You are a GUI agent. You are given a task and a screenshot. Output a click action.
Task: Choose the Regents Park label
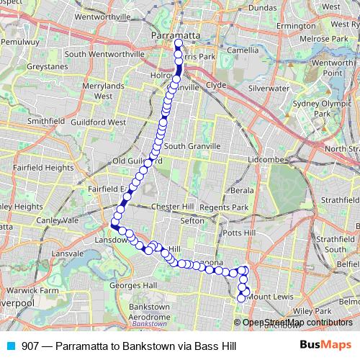coord(224,207)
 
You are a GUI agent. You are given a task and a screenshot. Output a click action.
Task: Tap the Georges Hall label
coord(132,285)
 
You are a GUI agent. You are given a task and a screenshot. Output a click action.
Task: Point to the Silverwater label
coord(268,88)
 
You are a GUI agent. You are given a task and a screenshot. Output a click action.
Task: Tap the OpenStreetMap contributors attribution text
coord(297,322)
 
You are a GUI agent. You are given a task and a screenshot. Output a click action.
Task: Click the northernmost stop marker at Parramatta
coord(178,42)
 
